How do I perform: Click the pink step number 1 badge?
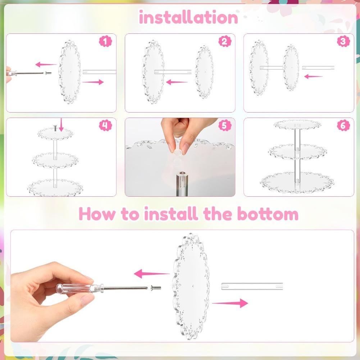105,41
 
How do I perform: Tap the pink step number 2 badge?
225,41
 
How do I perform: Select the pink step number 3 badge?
343,41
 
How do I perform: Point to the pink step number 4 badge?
105,126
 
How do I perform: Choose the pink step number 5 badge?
225,126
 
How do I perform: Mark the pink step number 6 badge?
343,126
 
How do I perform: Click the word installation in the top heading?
188,17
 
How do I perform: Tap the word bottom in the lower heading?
268,214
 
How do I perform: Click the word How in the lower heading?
97,214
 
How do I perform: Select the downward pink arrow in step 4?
61,125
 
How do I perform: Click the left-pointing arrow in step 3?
313,76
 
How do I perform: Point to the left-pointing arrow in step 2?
177,82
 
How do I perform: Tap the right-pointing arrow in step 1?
93,82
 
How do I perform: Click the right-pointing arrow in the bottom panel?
230,303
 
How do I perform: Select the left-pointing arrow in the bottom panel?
152,274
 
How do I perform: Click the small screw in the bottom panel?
156,287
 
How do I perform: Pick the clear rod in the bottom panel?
252,286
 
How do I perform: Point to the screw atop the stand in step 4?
55,128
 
